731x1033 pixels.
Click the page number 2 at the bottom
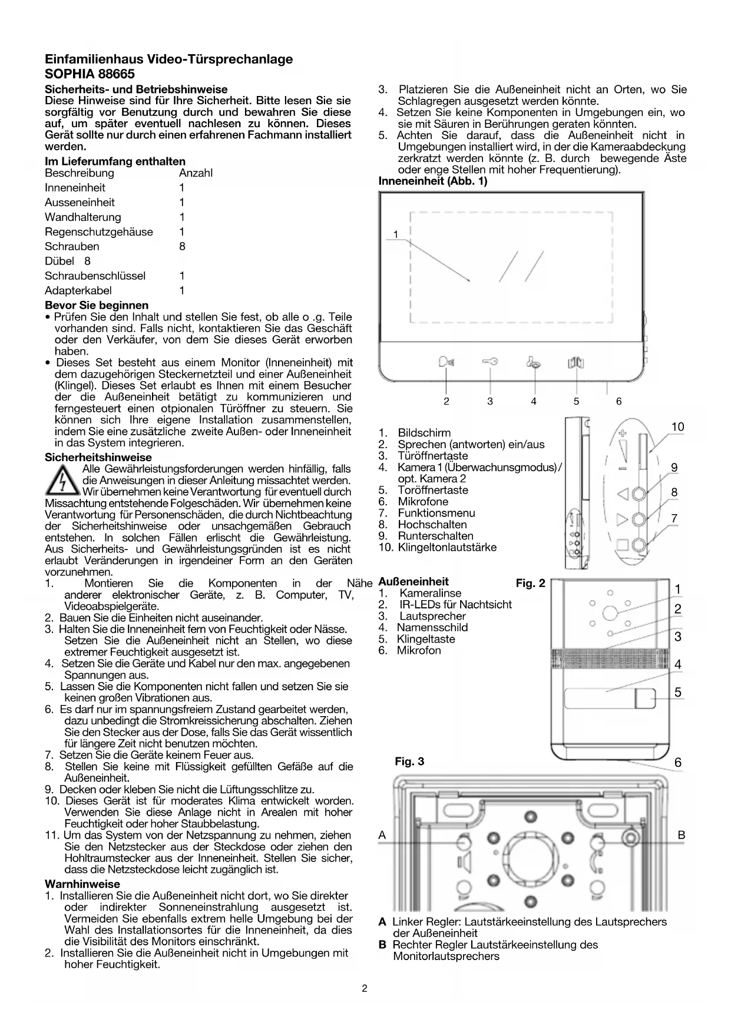pyautogui.click(x=365, y=988)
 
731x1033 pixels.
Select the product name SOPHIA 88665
pyautogui.click(x=90, y=74)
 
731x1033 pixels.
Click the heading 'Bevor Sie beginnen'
pyautogui.click(x=97, y=305)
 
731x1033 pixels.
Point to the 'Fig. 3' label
pyautogui.click(x=409, y=761)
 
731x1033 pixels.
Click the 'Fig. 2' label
pyautogui.click(x=530, y=583)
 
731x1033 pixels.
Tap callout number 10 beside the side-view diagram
pyautogui.click(x=677, y=427)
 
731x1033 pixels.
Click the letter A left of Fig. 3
pyautogui.click(x=382, y=835)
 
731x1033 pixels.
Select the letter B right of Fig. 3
pyautogui.click(x=682, y=835)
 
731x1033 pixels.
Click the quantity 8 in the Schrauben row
pyautogui.click(x=182, y=246)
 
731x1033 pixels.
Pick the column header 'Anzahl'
pyautogui.click(x=196, y=173)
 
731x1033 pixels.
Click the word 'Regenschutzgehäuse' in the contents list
pyautogui.click(x=98, y=232)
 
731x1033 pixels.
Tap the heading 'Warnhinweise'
pyautogui.click(x=82, y=884)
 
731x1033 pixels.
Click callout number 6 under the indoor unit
pyautogui.click(x=618, y=401)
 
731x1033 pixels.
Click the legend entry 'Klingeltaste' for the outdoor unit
pyautogui.click(x=425, y=639)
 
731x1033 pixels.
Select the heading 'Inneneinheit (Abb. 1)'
pyautogui.click(x=433, y=181)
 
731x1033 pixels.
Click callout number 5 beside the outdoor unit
pyautogui.click(x=678, y=692)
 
